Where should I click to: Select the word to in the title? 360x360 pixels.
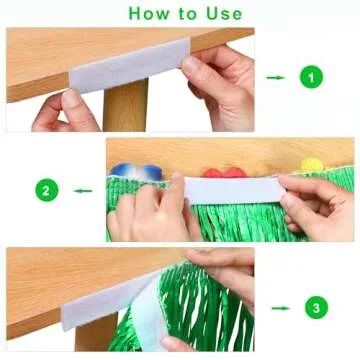[x=187, y=14]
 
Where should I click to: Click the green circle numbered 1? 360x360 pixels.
[x=313, y=76]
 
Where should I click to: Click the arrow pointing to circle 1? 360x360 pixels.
[x=277, y=76]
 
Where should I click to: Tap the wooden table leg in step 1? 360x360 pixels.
[x=125, y=110]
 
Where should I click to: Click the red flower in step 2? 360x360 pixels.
[x=235, y=172]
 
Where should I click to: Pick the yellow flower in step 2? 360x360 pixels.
[x=312, y=163]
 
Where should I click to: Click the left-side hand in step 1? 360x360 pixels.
[x=62, y=112]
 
